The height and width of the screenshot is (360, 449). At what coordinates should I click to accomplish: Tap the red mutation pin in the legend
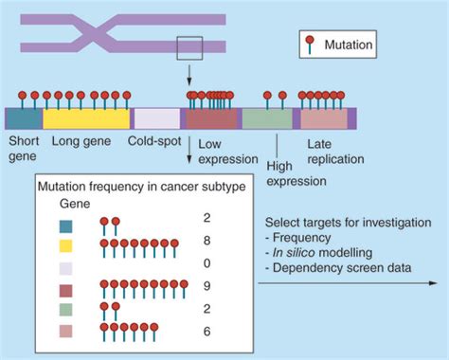(x=308, y=41)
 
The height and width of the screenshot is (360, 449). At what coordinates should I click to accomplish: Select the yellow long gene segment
(x=86, y=118)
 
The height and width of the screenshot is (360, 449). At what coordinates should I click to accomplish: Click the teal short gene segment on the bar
(x=24, y=118)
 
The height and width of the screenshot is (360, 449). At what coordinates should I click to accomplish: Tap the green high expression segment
(x=267, y=118)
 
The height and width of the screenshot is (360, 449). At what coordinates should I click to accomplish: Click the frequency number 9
(x=232, y=283)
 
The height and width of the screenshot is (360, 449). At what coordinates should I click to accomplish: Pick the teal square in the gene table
(x=67, y=225)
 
